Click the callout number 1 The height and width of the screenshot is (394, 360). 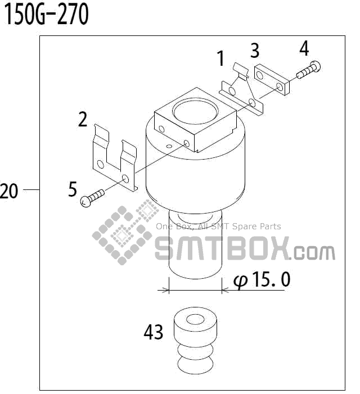(x=220, y=58)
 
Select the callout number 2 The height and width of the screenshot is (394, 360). (x=83, y=119)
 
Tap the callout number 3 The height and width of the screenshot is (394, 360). (x=255, y=51)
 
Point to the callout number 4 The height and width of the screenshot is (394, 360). (x=304, y=49)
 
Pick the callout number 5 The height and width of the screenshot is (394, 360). (x=73, y=189)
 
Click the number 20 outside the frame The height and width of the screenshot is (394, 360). (x=10, y=192)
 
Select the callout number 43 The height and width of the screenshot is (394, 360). (x=153, y=333)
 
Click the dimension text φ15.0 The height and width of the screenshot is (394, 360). (x=262, y=279)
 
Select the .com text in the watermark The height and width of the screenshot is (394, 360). (x=313, y=252)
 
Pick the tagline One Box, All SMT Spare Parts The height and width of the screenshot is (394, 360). (x=218, y=227)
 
